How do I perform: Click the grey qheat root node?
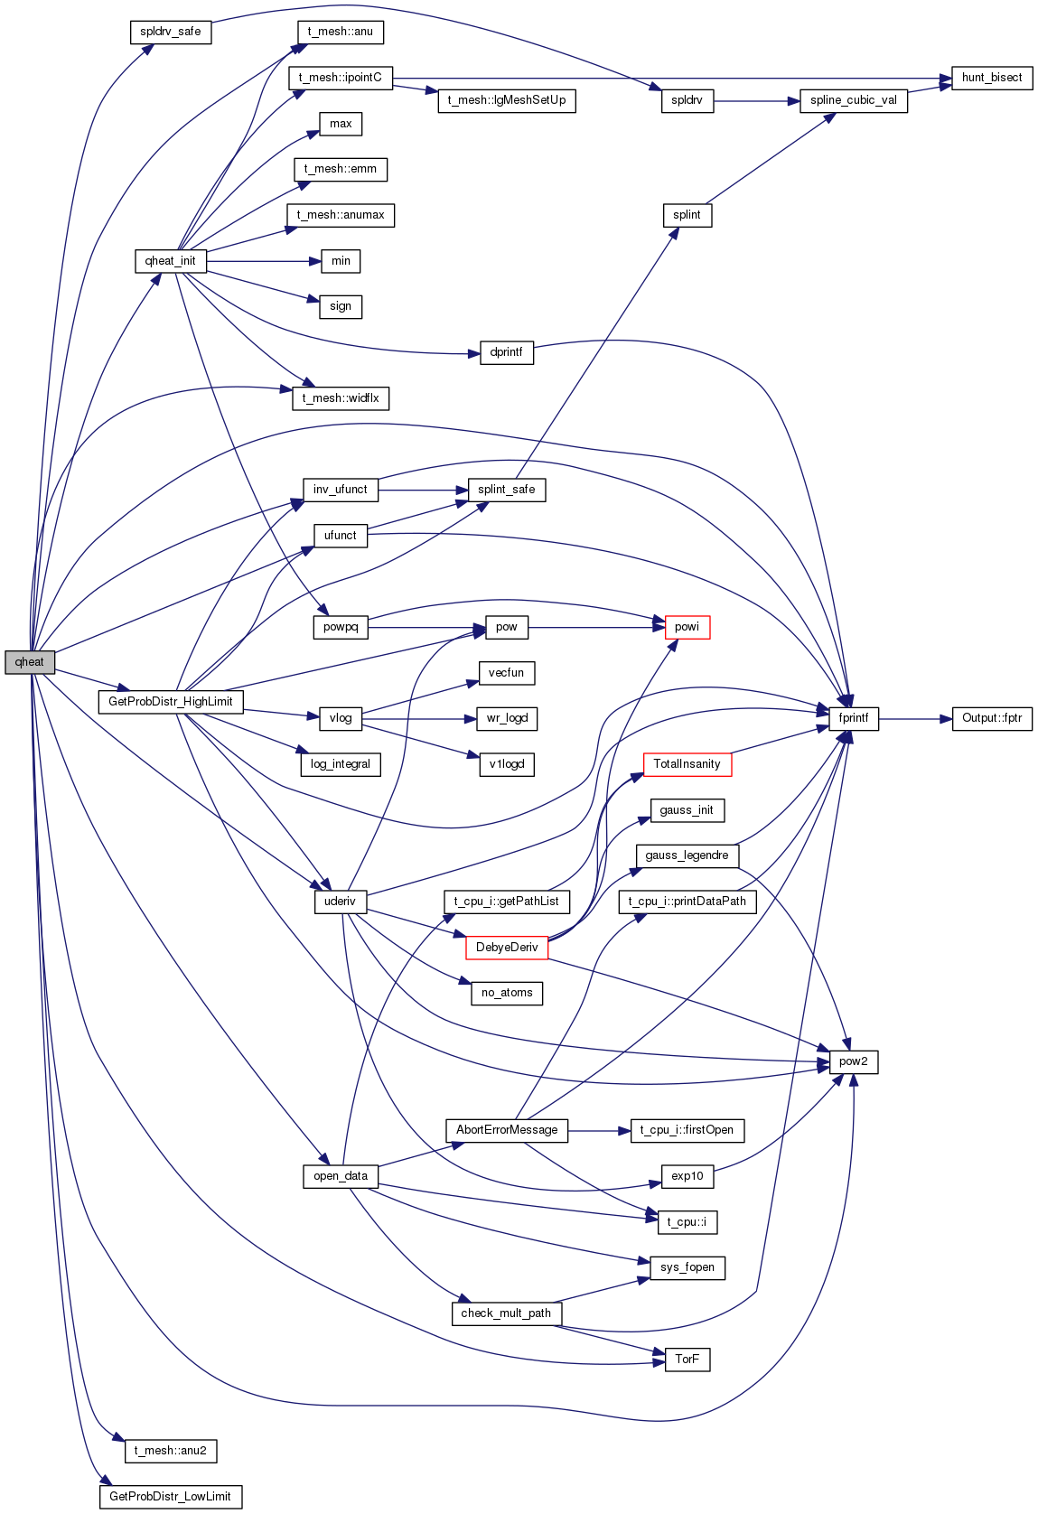coord(30,662)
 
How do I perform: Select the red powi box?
coord(687,627)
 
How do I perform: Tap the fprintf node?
coord(854,718)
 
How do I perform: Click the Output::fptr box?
coord(992,718)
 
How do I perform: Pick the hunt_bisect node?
coord(992,78)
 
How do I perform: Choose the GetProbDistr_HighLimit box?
coord(171,702)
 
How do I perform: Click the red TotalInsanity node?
coord(687,764)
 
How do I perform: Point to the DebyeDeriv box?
coord(507,947)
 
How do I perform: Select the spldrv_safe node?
coord(171,32)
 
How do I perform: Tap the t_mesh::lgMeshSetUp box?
coord(507,100)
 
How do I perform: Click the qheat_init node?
coord(171,261)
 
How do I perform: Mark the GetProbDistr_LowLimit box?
coord(171,1497)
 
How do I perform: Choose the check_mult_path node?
coord(507,1313)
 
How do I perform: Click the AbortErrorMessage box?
coord(507,1130)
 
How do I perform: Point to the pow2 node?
coord(854,1061)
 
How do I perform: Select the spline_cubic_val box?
coord(854,100)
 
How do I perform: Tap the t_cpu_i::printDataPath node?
coord(687,902)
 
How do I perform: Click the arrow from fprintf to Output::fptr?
coord(915,719)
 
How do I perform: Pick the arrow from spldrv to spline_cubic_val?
coord(757,101)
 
